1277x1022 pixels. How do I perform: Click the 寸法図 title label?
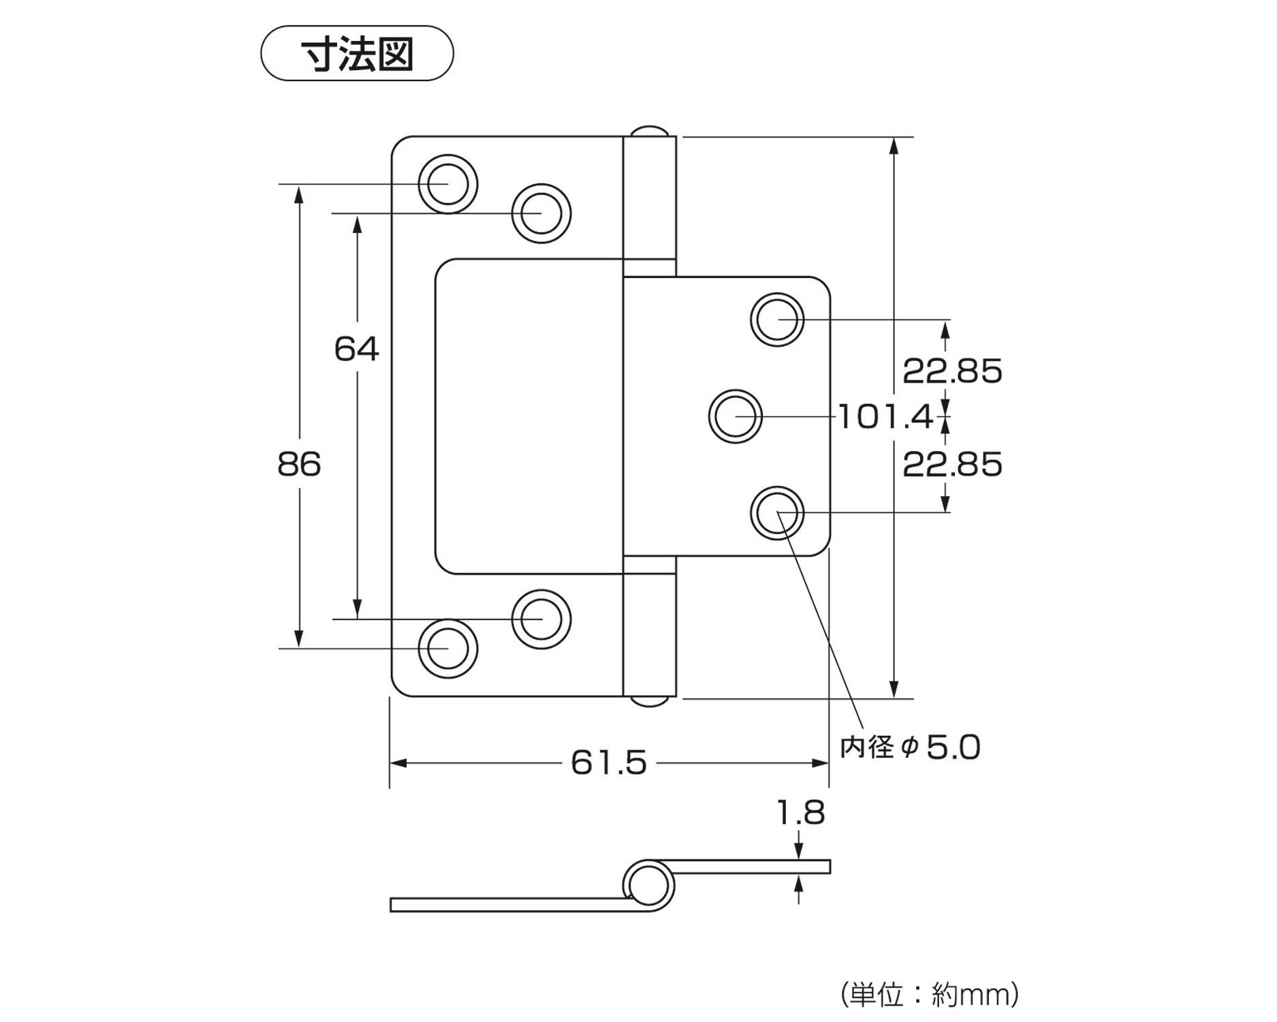[x=357, y=54]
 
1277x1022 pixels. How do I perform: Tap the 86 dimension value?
[x=299, y=465]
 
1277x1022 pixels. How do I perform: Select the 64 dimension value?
[x=356, y=349]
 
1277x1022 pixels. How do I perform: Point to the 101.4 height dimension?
[x=884, y=417]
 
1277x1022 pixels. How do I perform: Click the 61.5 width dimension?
[x=608, y=762]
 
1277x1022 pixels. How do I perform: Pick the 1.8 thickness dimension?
[x=800, y=812]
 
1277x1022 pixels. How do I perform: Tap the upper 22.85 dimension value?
[x=952, y=371]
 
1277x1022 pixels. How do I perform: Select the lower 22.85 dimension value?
[x=952, y=465]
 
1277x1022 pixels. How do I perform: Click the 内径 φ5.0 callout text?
[x=910, y=747]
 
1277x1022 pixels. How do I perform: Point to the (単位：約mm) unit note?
[x=929, y=995]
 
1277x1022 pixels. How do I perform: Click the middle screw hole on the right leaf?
[x=736, y=416]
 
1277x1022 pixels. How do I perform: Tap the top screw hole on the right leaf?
[x=777, y=319]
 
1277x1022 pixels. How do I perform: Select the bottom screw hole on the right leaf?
[x=777, y=513]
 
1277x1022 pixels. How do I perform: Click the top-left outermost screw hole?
[x=447, y=184]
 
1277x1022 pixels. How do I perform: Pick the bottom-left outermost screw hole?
[x=447, y=649]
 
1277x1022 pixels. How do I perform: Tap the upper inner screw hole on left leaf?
[x=541, y=213]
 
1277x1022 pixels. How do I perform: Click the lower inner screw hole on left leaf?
[x=541, y=619]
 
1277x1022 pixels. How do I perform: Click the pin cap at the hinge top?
[x=649, y=131]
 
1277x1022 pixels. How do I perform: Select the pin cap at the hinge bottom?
[x=649, y=701]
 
